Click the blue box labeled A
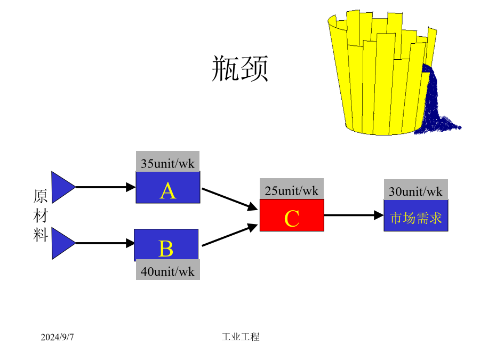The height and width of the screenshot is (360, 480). point(168,187)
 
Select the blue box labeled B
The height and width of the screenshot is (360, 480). point(166,244)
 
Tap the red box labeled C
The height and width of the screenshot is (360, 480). point(292,215)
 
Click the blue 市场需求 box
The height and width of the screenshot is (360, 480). point(416,215)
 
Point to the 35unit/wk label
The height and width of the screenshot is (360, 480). point(168,164)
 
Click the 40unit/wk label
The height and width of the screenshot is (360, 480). point(168,271)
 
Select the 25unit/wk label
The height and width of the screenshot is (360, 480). point(292,191)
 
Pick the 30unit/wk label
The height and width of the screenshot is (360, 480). point(415,191)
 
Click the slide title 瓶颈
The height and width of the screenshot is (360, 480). point(240,68)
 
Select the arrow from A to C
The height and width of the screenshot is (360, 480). point(229,199)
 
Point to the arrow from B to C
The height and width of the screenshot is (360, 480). point(229,235)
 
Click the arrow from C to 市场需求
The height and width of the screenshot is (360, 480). point(354,215)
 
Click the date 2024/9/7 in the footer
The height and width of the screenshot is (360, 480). point(57,337)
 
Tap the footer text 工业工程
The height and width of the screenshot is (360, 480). point(241,337)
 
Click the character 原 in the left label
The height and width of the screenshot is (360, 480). point(41,196)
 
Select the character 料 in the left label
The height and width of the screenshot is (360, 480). point(41,235)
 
